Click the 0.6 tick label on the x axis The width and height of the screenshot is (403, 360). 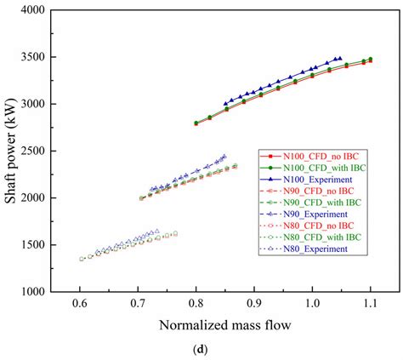(x=80, y=304)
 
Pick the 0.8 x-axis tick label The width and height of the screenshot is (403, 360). (x=196, y=304)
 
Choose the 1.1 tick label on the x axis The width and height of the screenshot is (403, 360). (x=370, y=304)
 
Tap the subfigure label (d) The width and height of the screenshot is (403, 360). (x=224, y=351)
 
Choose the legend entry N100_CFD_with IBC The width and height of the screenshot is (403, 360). (x=322, y=169)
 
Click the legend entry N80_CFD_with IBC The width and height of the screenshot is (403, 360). (x=319, y=237)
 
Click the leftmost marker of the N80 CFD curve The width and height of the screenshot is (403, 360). (x=82, y=259)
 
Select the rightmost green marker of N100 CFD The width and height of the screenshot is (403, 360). (x=370, y=59)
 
